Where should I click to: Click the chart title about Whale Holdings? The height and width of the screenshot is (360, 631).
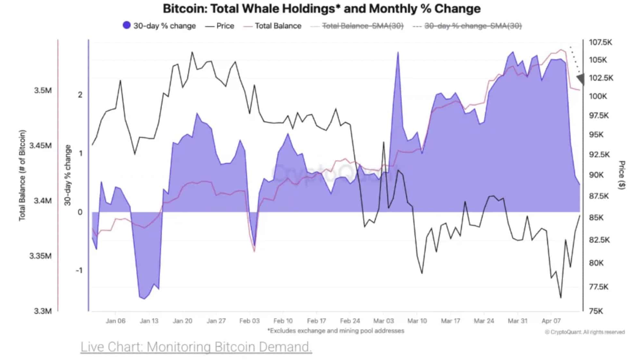tap(322, 9)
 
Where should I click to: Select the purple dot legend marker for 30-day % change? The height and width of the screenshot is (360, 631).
tap(127, 26)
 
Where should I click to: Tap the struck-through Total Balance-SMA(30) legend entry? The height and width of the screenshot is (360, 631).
tap(357, 26)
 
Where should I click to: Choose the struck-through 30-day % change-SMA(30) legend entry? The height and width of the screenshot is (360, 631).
tap(467, 26)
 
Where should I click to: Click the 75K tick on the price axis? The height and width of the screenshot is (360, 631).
tap(596, 311)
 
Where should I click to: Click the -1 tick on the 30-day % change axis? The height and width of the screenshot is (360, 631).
tap(79, 270)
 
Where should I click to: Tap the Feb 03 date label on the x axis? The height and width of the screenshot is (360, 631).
tap(250, 321)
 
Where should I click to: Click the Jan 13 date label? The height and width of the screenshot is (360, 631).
tap(149, 321)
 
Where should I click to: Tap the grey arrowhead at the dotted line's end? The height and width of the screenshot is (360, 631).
tap(581, 79)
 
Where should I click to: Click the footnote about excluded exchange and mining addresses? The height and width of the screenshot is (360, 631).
tap(336, 330)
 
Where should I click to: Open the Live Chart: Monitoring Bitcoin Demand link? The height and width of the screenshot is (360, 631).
tap(196, 347)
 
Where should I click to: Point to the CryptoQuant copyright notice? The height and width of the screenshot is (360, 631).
tap(585, 332)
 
